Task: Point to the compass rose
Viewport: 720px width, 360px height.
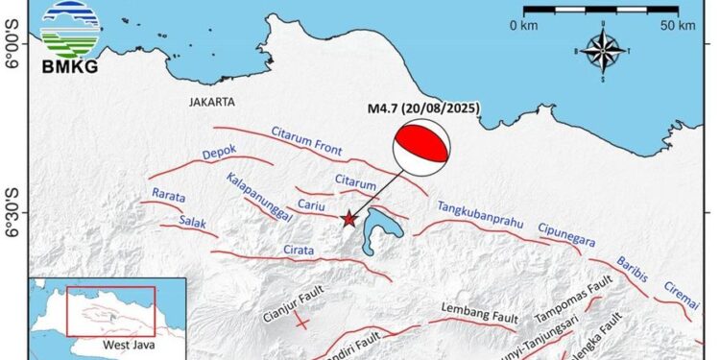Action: point(602,51)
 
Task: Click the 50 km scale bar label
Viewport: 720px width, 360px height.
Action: point(680,24)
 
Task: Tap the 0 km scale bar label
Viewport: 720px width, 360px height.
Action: point(529,24)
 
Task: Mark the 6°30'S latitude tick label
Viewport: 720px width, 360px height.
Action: point(13,211)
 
